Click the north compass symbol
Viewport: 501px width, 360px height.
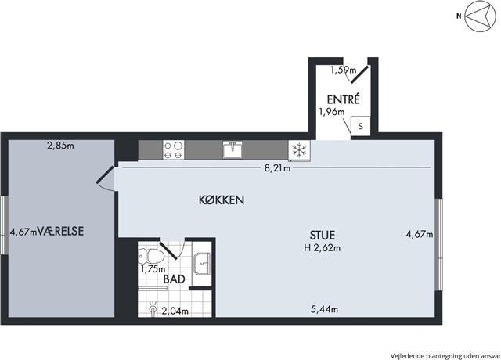[x=480, y=16]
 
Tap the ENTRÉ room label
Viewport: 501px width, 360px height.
[x=343, y=99]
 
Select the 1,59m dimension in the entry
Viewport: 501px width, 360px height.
[x=343, y=70]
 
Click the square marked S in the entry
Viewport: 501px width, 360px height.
[x=361, y=126]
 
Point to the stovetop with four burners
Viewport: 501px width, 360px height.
[x=174, y=150]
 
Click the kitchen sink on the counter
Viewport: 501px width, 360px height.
[x=232, y=150]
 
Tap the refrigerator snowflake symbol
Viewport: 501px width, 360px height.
[x=299, y=150]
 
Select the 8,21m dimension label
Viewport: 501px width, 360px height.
[x=277, y=168]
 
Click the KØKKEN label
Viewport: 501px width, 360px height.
[x=222, y=200]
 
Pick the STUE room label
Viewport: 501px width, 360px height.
[x=323, y=235]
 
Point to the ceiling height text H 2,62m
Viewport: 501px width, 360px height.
[x=322, y=248]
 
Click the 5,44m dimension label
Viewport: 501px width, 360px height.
[x=325, y=309]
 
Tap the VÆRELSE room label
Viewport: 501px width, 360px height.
[x=60, y=231]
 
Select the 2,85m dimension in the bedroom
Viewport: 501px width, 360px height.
[x=60, y=146]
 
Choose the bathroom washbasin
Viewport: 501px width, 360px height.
[x=202, y=264]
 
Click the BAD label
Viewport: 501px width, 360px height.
[x=174, y=279]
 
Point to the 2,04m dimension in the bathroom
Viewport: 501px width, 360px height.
[x=175, y=311]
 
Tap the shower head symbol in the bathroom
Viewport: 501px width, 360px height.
[x=153, y=308]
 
